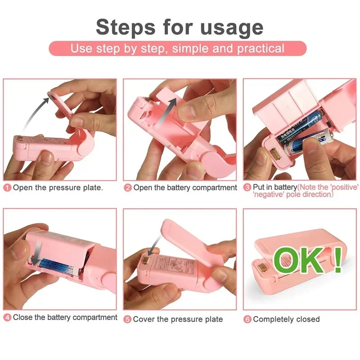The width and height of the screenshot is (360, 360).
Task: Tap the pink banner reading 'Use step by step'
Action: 177,49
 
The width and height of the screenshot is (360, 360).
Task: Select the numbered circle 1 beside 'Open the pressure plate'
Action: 8,188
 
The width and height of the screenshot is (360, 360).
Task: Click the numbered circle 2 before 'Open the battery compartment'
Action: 128,188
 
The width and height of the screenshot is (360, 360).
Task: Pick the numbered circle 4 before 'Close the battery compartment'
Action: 8,318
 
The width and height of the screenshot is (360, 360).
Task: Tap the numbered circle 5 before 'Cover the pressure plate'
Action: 128,319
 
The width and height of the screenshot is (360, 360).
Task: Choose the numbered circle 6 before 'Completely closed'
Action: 247,319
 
